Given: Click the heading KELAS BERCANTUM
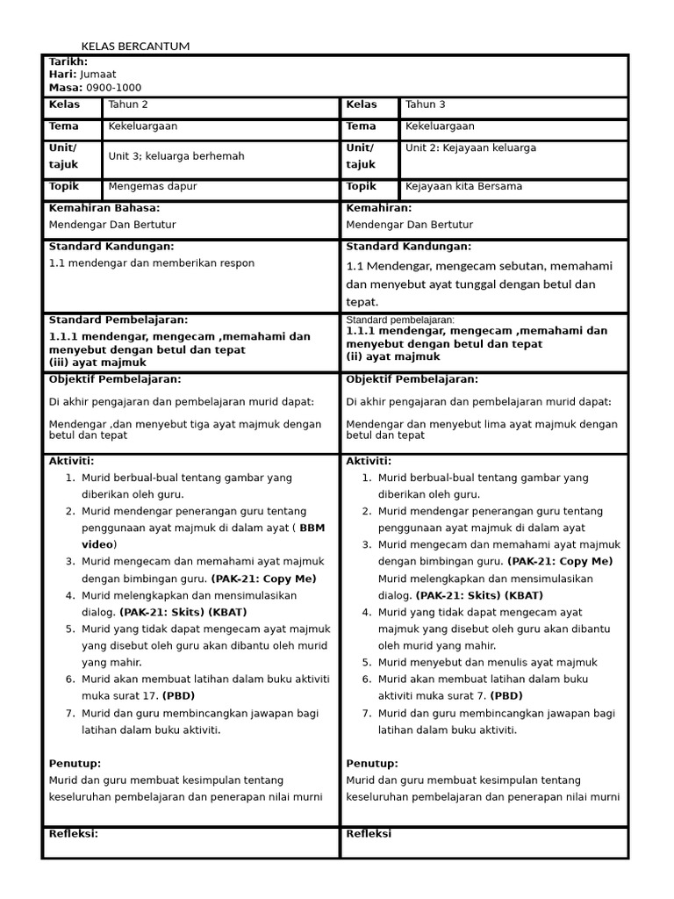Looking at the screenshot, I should pyautogui.click(x=135, y=46).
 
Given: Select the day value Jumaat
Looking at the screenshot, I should pyautogui.click(x=97, y=75).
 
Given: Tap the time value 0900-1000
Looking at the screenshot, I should pyautogui.click(x=113, y=88).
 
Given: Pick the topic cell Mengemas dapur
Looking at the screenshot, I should pyautogui.click(x=153, y=187).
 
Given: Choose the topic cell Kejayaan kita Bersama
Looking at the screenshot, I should pyautogui.click(x=464, y=187).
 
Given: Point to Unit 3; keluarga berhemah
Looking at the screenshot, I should pyautogui.click(x=176, y=156).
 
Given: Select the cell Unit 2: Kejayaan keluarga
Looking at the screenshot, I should pyautogui.click(x=470, y=148).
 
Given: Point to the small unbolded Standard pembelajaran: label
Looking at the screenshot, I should pyautogui.click(x=400, y=320).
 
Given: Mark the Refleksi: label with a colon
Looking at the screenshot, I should pyautogui.click(x=74, y=834).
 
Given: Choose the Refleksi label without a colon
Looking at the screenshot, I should pyautogui.click(x=369, y=834).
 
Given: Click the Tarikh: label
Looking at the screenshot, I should pyautogui.click(x=68, y=61).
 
